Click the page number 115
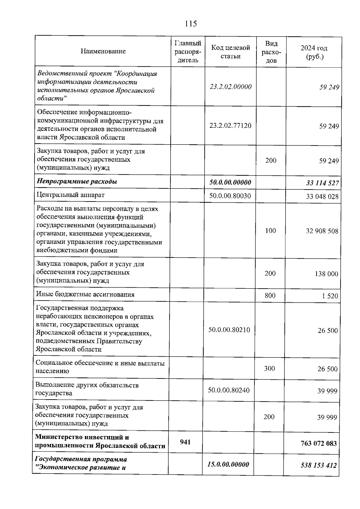point(191,24)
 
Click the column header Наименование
point(103,51)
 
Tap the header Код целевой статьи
point(230,52)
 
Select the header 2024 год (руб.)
point(314,52)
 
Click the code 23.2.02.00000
point(230,87)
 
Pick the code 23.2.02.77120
point(230,125)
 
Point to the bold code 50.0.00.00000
point(230,182)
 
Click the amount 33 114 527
point(322,183)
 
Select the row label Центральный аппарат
point(70,195)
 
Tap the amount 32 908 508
point(322,231)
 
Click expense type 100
point(271,230)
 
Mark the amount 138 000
point(326,274)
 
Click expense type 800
point(270,295)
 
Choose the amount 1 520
point(330,296)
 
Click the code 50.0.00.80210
point(229,330)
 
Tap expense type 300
point(269,368)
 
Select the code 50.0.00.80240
point(229,390)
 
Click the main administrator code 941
point(185,442)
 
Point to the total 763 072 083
point(319,443)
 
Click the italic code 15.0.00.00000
point(228,465)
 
